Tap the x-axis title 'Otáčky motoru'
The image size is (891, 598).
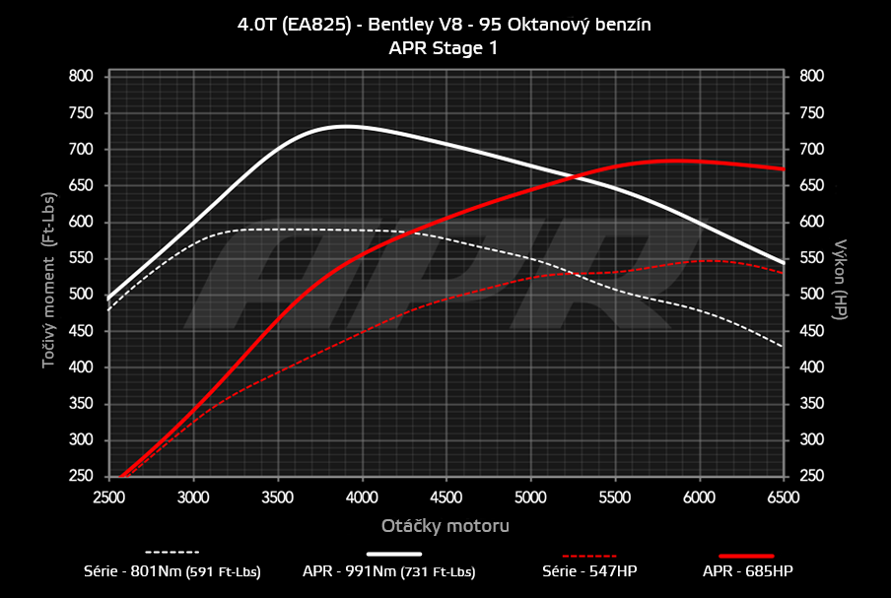click(445, 525)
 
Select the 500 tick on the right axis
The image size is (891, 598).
click(811, 295)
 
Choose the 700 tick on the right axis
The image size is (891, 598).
click(811, 149)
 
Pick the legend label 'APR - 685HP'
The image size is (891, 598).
click(747, 571)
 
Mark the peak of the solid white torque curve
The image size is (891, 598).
click(344, 126)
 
